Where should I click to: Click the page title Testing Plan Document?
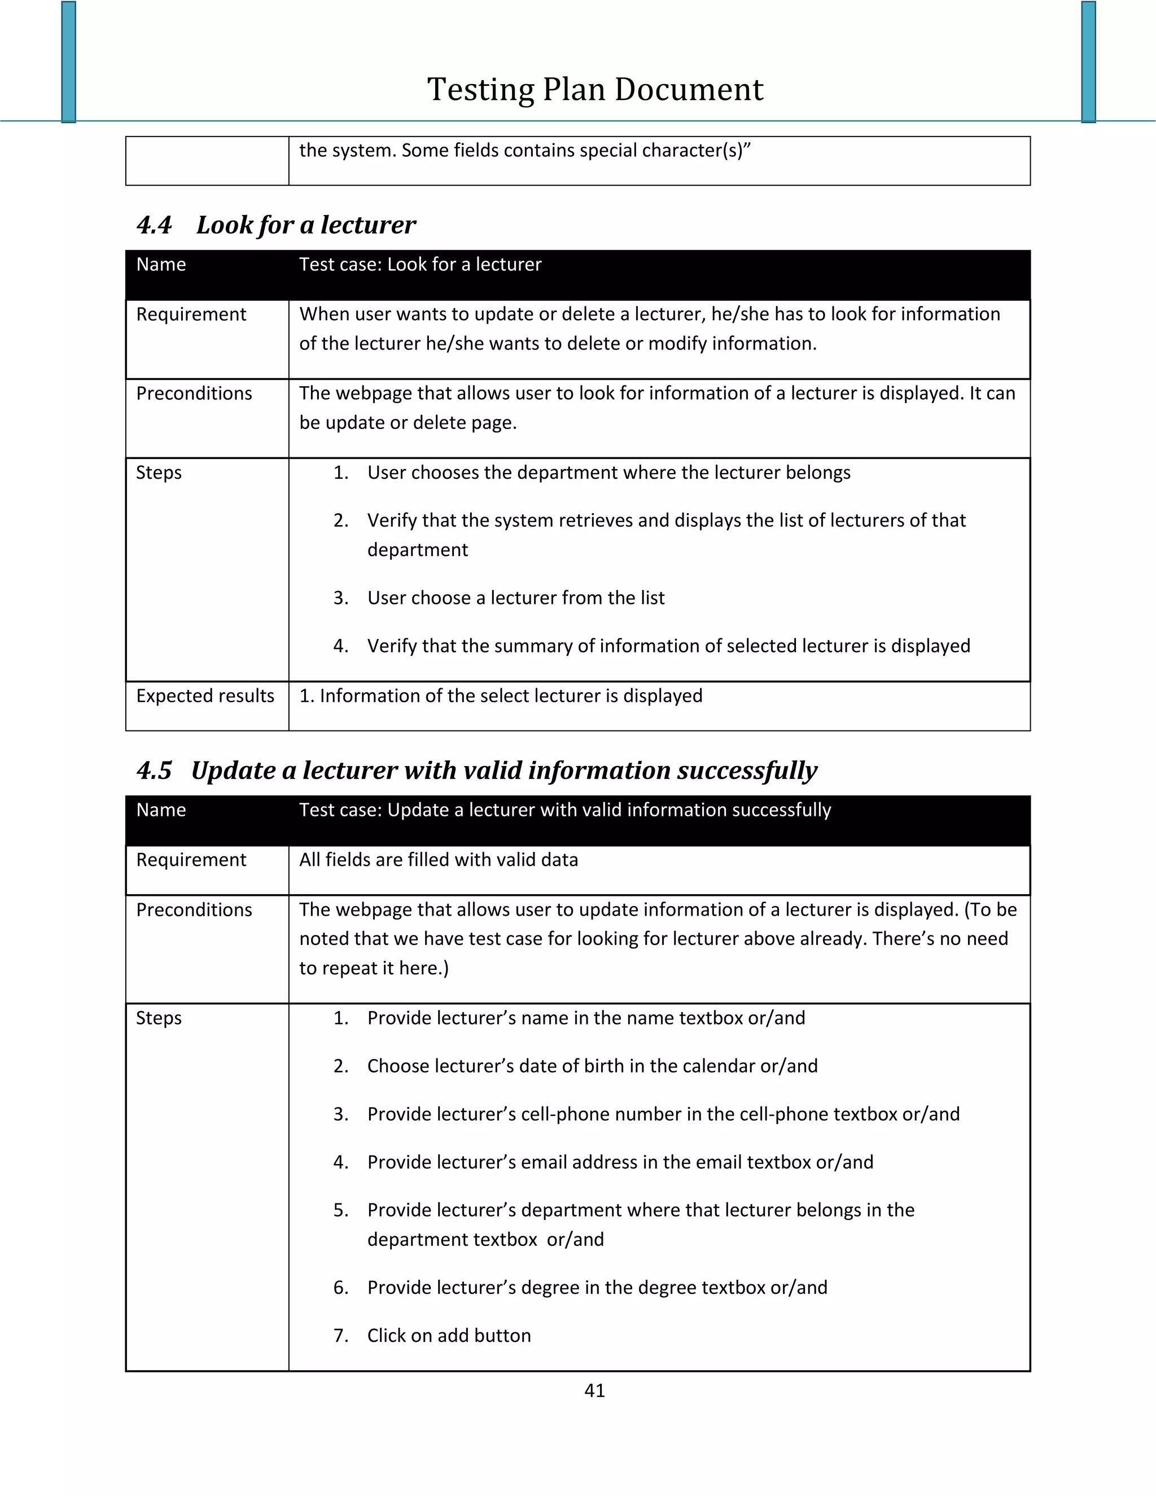[594, 90]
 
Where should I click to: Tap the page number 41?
[594, 1390]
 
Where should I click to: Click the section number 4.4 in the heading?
[154, 225]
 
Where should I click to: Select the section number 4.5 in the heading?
[154, 771]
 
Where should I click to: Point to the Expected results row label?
[205, 696]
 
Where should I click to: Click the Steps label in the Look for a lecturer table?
[159, 473]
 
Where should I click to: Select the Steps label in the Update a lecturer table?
[159, 1018]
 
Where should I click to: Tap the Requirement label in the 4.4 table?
[191, 314]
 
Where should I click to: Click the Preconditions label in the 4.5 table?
[194, 909]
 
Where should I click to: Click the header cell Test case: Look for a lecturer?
[420, 264]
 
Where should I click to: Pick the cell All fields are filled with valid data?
[438, 860]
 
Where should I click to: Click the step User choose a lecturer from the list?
[516, 598]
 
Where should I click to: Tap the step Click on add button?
[449, 1335]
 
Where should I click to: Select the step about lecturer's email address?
[620, 1162]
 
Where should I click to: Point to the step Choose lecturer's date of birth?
[592, 1066]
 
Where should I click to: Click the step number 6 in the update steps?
[340, 1287]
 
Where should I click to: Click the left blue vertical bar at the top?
[68, 62]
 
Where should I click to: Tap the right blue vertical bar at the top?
[1088, 62]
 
